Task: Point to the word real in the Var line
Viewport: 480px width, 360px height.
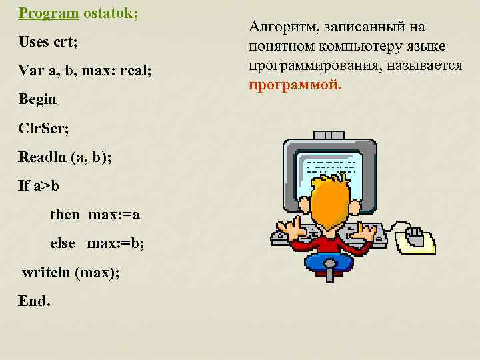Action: [135, 70]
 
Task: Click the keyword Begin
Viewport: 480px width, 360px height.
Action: [37, 99]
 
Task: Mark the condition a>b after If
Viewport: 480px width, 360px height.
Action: [47, 185]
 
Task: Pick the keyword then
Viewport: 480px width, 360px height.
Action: [64, 214]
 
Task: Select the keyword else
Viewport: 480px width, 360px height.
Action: [63, 243]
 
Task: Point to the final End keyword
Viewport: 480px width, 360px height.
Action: [34, 301]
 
